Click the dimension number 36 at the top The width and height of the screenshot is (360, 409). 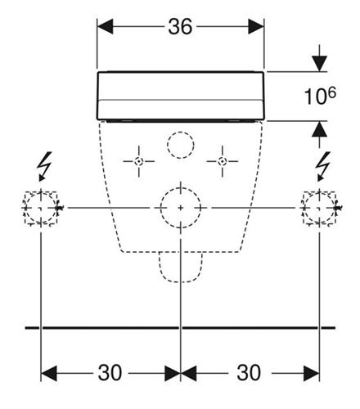(x=180, y=27)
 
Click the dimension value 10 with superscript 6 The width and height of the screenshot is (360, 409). (x=320, y=96)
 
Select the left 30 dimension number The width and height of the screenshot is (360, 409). (x=110, y=373)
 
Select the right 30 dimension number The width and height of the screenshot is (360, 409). (x=249, y=373)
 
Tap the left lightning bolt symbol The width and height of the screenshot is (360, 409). (x=44, y=166)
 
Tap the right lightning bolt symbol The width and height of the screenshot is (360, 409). (x=323, y=166)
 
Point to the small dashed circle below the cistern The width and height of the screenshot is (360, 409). (x=181, y=132)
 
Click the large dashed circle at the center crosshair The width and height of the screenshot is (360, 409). (x=181, y=188)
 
